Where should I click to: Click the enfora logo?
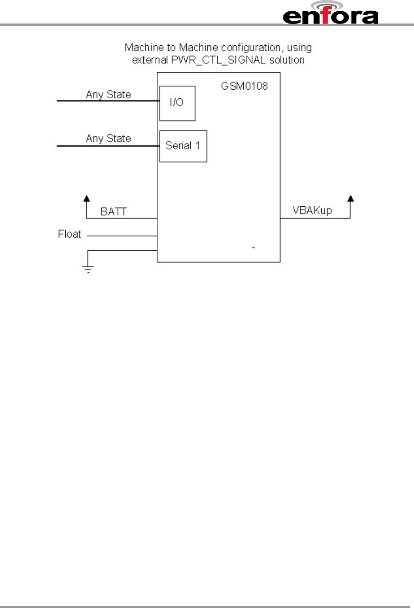click(330, 16)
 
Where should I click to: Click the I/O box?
click(177, 103)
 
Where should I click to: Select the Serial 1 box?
click(183, 146)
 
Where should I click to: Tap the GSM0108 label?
click(244, 86)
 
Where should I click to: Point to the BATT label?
click(113, 212)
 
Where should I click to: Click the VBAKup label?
click(312, 211)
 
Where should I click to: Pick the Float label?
click(69, 234)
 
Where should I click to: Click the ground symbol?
click(88, 269)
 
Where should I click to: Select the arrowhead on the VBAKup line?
click(350, 198)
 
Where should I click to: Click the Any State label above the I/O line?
click(108, 94)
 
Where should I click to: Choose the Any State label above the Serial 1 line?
click(108, 138)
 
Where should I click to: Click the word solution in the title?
click(287, 60)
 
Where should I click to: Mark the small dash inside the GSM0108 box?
click(253, 248)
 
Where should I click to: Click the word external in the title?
click(150, 60)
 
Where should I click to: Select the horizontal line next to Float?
click(122, 236)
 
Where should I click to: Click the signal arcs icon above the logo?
click(330, 5)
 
